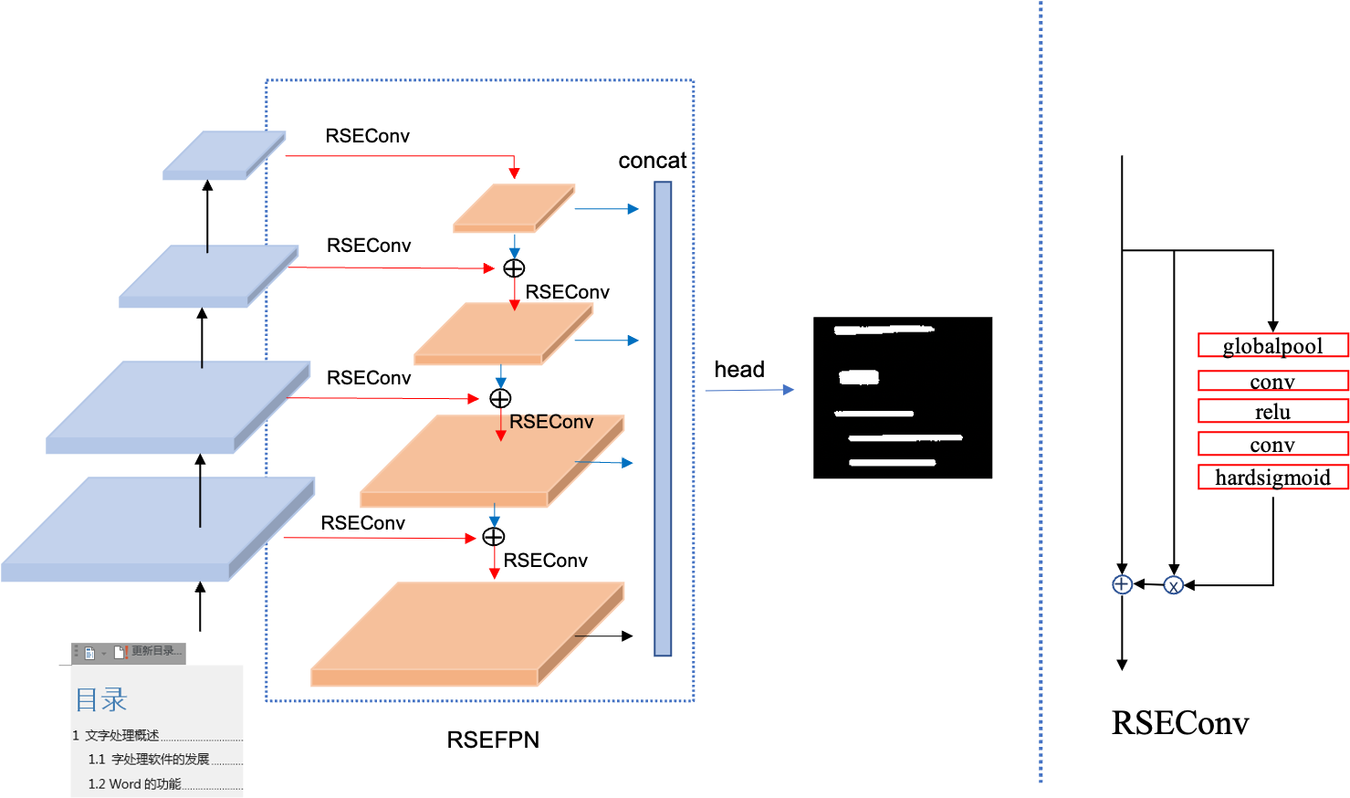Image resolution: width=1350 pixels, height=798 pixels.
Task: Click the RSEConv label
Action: (551, 422)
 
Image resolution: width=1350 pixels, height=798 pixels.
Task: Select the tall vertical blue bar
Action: (663, 418)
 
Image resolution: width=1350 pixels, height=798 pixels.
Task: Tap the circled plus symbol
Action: (1122, 584)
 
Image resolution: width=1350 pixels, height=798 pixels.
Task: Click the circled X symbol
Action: (1173, 585)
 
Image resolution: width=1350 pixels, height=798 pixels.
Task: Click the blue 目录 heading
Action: (101, 700)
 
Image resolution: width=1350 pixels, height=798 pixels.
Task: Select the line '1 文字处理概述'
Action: (116, 735)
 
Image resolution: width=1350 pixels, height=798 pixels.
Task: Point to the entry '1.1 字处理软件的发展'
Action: (149, 760)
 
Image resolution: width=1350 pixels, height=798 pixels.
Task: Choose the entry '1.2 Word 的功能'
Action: (135, 784)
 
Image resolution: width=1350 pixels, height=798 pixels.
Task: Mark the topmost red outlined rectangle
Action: (1272, 345)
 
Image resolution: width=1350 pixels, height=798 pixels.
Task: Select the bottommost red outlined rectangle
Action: (1272, 477)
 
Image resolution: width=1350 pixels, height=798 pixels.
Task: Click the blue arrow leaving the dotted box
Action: (748, 390)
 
